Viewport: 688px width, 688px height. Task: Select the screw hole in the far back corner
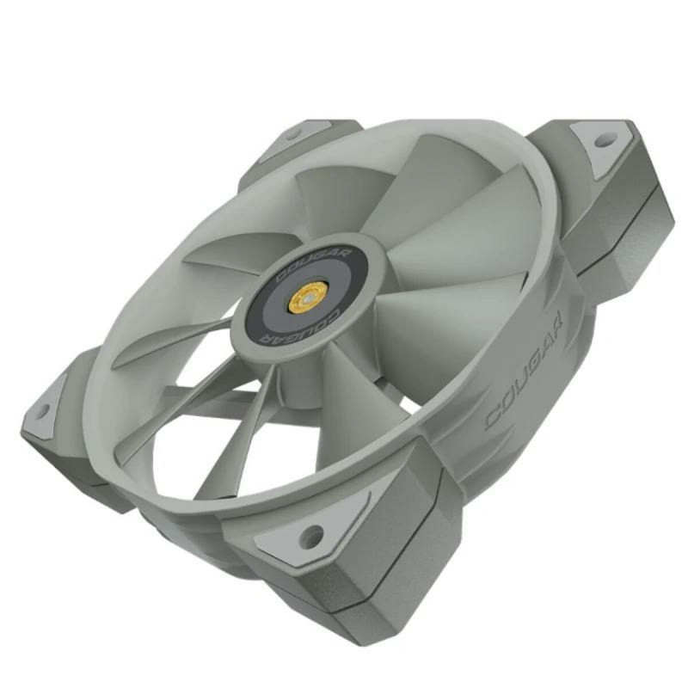click(295, 133)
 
